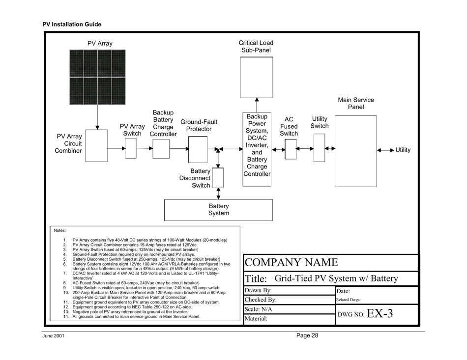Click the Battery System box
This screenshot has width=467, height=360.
coord(218,209)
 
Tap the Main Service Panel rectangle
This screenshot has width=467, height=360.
coord(355,151)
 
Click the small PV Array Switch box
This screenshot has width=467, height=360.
coord(130,149)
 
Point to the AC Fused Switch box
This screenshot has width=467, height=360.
coord(291,149)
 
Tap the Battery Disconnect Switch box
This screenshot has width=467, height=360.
coord(218,178)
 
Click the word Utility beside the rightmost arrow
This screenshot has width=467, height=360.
coord(403,149)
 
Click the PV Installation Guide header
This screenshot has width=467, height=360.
coord(72,24)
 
